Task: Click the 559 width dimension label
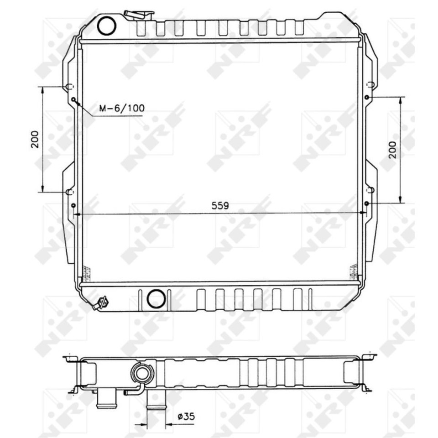click(220, 206)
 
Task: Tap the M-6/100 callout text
click(122, 108)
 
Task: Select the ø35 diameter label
click(186, 417)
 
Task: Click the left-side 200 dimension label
click(35, 139)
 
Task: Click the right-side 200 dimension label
click(392, 150)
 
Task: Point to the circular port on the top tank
click(106, 26)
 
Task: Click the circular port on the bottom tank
click(156, 298)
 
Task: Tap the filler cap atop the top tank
click(139, 15)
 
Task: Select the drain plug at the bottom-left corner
click(101, 303)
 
